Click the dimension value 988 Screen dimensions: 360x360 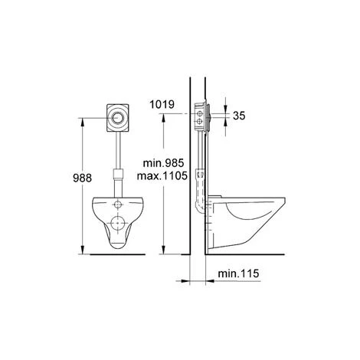coord(82,178)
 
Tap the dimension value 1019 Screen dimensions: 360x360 coord(162,104)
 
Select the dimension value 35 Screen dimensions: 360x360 coord(239,116)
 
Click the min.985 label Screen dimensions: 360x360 coord(163,163)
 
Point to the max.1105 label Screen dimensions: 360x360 coord(162,175)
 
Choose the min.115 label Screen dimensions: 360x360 coord(238,273)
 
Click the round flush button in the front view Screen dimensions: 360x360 coord(117,118)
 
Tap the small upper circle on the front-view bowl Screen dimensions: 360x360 coord(118,205)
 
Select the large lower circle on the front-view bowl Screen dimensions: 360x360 coord(118,223)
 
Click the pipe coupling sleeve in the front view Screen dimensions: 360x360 coord(118,174)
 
